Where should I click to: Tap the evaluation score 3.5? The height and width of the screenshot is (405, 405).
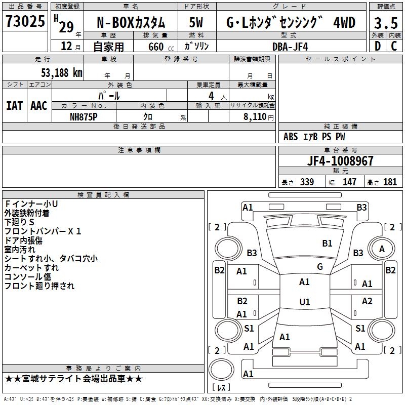click(x=385, y=23)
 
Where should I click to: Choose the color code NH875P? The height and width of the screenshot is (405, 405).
click(x=84, y=116)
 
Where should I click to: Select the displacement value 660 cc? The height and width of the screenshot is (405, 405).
click(x=155, y=47)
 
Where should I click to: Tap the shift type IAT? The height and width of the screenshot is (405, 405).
click(x=14, y=106)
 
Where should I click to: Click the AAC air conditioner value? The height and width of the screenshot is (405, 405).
click(x=38, y=106)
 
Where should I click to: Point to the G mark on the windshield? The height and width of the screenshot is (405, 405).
click(x=319, y=267)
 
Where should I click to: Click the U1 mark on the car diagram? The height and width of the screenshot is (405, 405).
click(x=304, y=302)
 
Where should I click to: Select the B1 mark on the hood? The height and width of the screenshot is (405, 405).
click(x=327, y=244)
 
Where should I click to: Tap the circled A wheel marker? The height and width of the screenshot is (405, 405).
click(x=382, y=249)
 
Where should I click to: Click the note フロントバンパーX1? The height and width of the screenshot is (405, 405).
click(x=43, y=231)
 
